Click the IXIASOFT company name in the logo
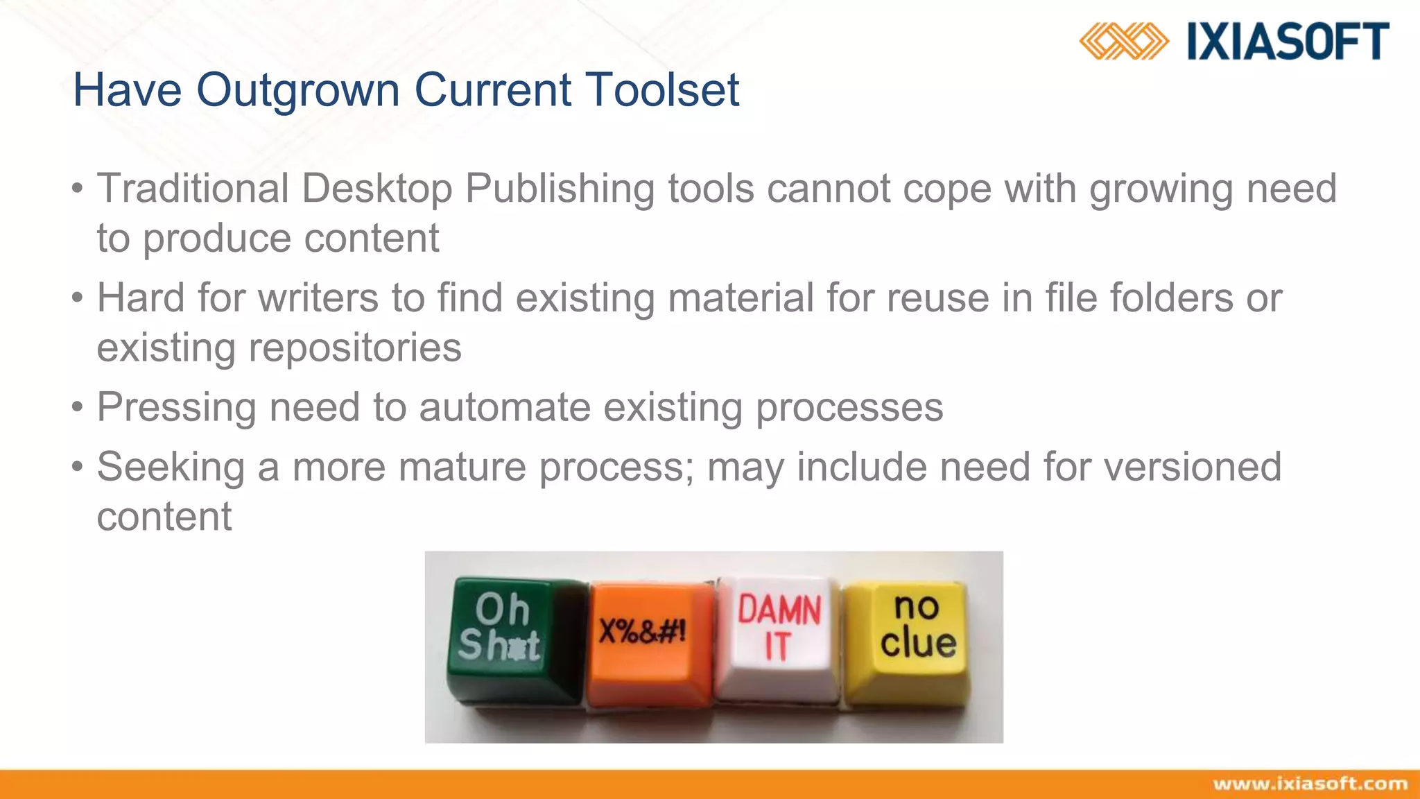click(x=1288, y=42)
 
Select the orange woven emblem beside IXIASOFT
click(x=1123, y=42)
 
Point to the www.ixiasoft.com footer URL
click(x=1310, y=784)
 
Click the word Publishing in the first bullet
click(x=559, y=189)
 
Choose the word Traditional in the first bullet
click(x=193, y=189)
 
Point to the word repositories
click(x=354, y=347)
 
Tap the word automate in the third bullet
click(x=504, y=407)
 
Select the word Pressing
click(x=176, y=407)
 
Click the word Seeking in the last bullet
click(x=171, y=467)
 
